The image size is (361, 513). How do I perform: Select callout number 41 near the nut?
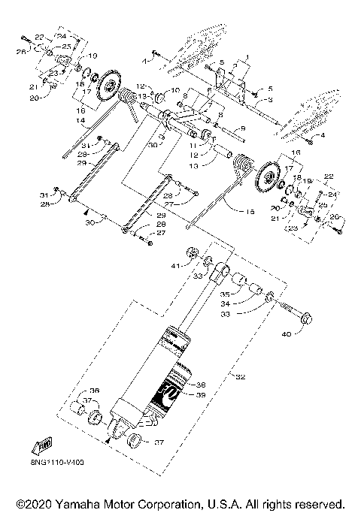pyautogui.click(x=174, y=266)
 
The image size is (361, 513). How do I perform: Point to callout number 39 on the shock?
pyautogui.click(x=200, y=394)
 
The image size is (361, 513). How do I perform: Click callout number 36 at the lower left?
pyautogui.click(x=94, y=391)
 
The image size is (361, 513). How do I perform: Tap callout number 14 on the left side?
pyautogui.click(x=78, y=119)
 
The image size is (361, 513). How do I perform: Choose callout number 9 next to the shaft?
pyautogui.click(x=241, y=129)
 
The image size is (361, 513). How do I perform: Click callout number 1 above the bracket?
pyautogui.click(x=247, y=56)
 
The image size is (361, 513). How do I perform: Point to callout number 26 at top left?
pyautogui.click(x=22, y=51)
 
